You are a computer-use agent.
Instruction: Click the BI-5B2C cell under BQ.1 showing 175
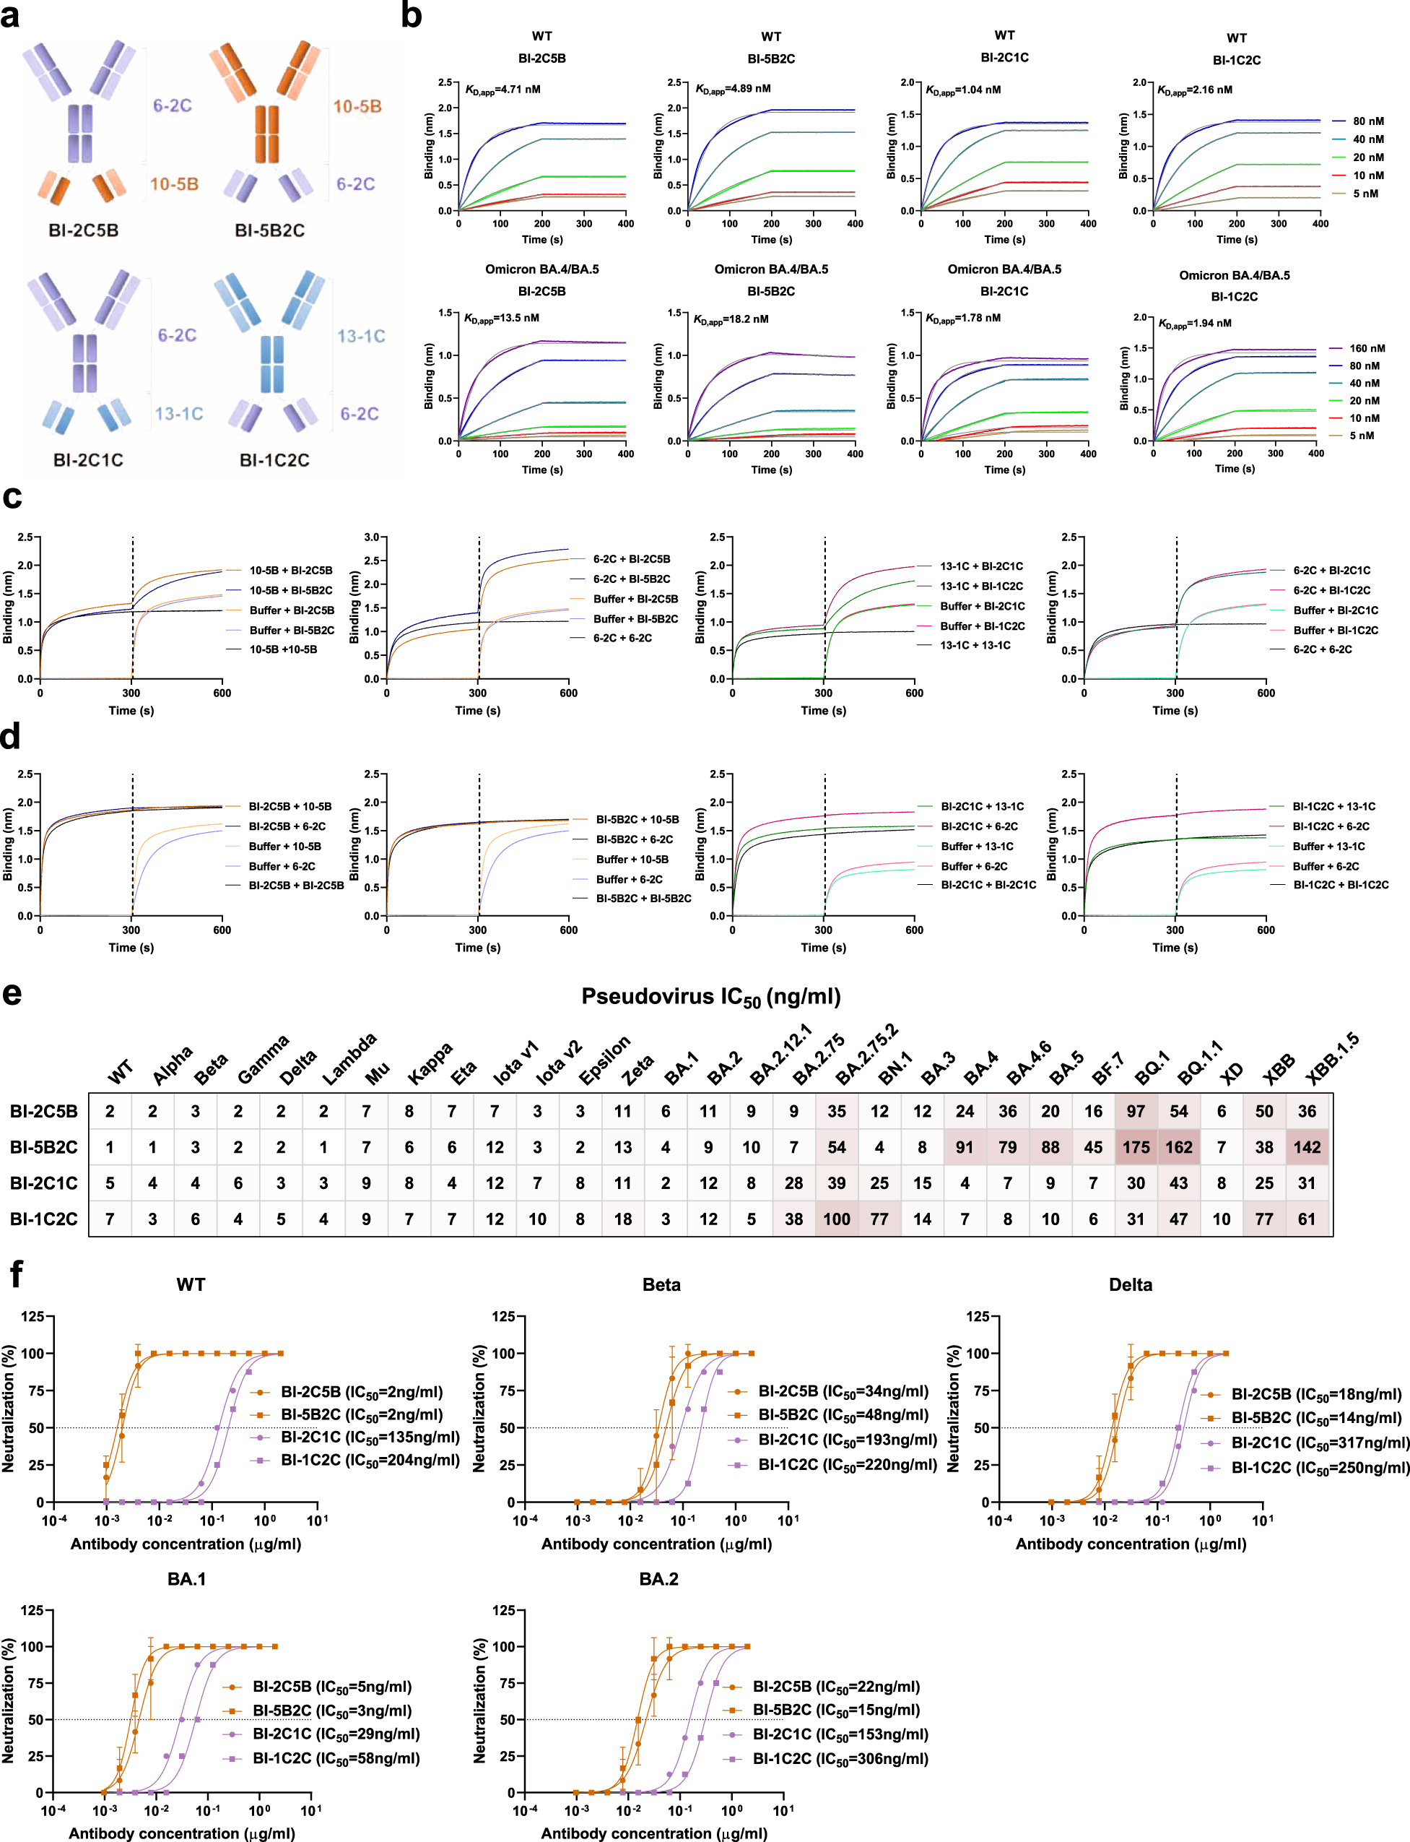1136,1147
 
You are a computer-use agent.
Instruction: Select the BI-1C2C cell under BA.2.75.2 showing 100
836,1219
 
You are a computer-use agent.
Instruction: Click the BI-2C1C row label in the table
43,1183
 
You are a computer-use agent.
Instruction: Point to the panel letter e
12,994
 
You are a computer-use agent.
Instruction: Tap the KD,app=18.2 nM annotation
730,319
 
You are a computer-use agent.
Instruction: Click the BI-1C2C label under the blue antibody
274,460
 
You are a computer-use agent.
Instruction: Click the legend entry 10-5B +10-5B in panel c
283,649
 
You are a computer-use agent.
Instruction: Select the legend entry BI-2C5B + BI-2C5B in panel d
295,885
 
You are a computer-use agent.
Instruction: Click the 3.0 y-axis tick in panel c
371,537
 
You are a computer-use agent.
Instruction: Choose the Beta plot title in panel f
661,1284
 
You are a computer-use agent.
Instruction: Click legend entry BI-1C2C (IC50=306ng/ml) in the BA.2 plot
839,1759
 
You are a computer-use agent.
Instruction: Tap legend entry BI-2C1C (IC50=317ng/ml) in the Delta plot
1319,1443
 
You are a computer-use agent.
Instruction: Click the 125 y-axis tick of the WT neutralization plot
32,1315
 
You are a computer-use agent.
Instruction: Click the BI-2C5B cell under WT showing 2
110,1111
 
